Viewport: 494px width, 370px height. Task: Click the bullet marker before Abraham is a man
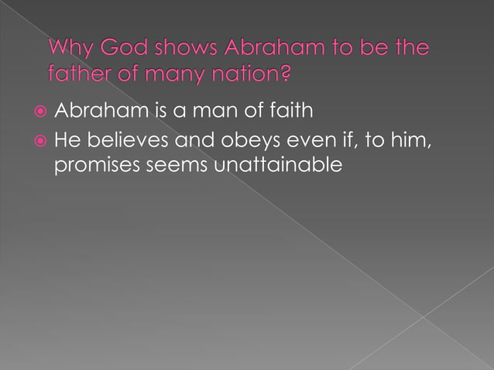[39, 111]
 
